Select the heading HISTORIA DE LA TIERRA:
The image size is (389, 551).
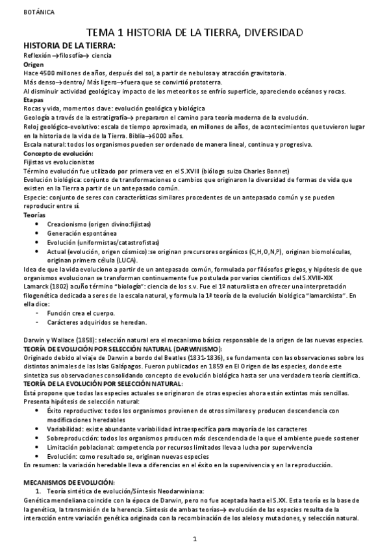(x=69, y=46)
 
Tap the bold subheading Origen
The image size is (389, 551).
(x=34, y=65)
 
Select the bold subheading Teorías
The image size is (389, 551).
(x=35, y=214)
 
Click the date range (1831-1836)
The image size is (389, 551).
(x=191, y=358)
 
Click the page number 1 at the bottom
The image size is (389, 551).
(x=195, y=539)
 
